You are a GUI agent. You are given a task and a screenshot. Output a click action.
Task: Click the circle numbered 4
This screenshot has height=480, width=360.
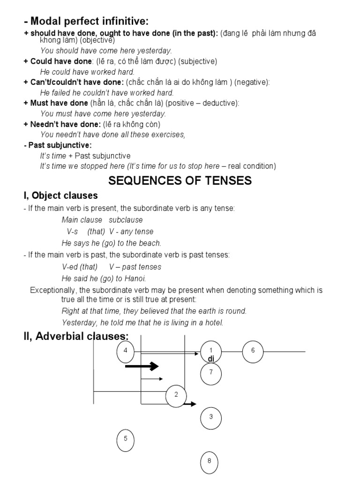tap(125, 351)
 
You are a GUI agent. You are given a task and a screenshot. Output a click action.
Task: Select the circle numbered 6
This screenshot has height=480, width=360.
tap(253, 351)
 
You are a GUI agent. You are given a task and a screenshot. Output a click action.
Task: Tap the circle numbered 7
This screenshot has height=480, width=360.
tap(211, 373)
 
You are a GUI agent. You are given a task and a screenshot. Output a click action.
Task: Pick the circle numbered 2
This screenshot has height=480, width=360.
tap(176, 395)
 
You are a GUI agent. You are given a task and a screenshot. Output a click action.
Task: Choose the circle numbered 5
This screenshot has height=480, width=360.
tap(125, 440)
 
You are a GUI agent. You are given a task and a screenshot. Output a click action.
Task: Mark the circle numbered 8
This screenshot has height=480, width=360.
tap(210, 461)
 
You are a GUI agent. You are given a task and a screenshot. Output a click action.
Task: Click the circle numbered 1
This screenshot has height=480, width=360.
tap(211, 351)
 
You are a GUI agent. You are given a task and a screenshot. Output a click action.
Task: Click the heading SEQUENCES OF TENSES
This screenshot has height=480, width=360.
tap(180, 180)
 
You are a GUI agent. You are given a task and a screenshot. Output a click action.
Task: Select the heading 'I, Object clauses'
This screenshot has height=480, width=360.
tap(60, 195)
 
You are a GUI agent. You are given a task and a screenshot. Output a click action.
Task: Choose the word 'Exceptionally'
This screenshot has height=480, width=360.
tap(52, 290)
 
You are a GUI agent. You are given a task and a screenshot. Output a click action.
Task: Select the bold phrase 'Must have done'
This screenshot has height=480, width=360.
tap(59, 103)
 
